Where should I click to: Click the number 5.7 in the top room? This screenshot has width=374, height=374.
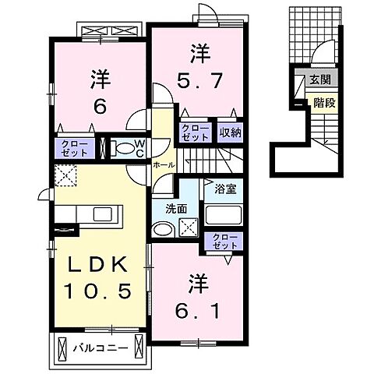[198, 79]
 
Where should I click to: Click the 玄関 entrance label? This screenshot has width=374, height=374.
[319, 79]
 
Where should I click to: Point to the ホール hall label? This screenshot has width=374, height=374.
[163, 165]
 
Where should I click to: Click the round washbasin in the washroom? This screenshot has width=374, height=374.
[163, 230]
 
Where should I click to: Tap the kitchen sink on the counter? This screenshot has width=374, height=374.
[103, 213]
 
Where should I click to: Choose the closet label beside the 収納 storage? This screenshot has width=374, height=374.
[194, 132]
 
